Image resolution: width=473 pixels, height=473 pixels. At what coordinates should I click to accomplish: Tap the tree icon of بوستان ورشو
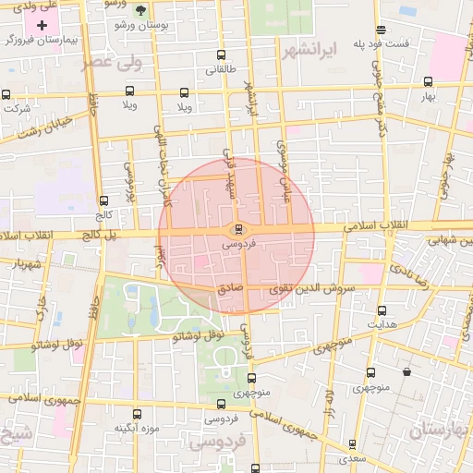[x=140, y=10]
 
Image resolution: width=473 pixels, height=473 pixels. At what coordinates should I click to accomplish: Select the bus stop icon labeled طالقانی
[x=220, y=55]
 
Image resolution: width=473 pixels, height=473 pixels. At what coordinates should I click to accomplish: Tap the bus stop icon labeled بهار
[x=427, y=81]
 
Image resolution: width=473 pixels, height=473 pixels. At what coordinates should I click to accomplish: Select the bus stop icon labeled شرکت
[x=6, y=93]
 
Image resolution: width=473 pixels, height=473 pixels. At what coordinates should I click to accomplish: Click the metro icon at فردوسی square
[x=239, y=230]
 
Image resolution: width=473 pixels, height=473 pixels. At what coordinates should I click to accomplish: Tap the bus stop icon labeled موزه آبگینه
[x=138, y=414]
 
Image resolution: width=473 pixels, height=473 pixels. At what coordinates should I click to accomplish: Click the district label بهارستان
[x=442, y=429]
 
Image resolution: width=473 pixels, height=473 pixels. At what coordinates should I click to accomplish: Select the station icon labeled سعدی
[x=352, y=444]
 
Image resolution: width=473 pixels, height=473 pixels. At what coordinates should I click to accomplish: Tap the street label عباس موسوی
[x=285, y=161]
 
